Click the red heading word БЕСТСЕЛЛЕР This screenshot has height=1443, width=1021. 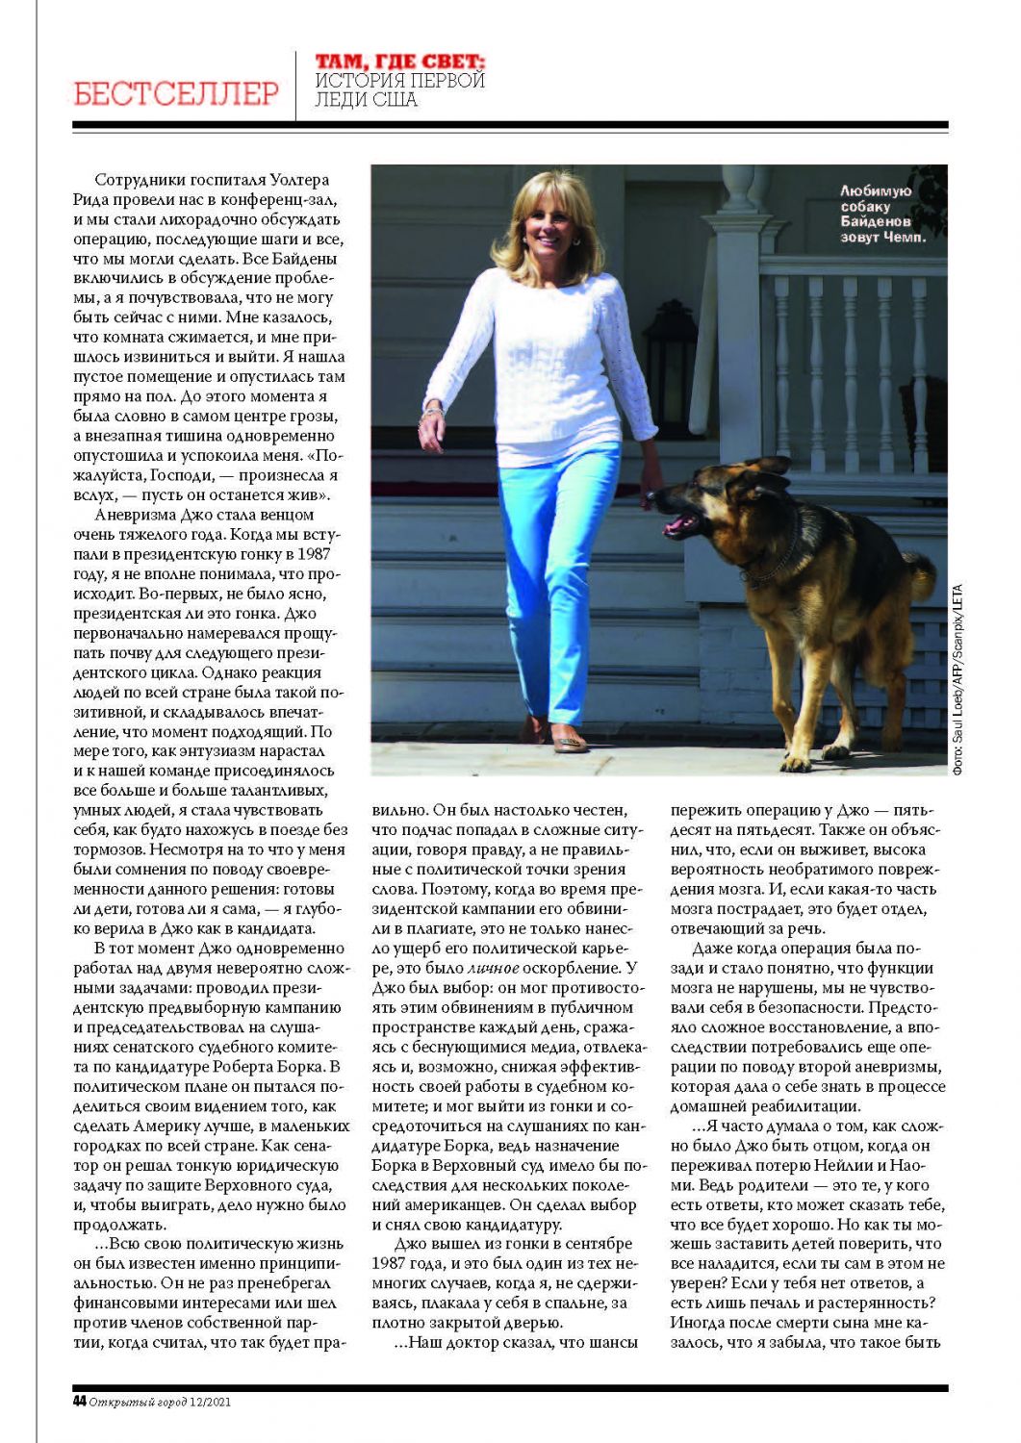[x=176, y=93]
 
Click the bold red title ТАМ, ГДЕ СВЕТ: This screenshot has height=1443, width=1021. [x=400, y=63]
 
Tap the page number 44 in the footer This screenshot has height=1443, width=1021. [x=79, y=1401]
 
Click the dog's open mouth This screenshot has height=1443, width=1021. [x=681, y=524]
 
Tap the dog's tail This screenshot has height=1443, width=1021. [x=921, y=577]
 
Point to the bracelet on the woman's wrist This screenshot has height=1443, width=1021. [x=432, y=412]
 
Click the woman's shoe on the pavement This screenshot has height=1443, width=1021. [x=569, y=742]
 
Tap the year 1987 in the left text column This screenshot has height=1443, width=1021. [x=314, y=554]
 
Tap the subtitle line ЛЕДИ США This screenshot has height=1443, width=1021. [x=367, y=99]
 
